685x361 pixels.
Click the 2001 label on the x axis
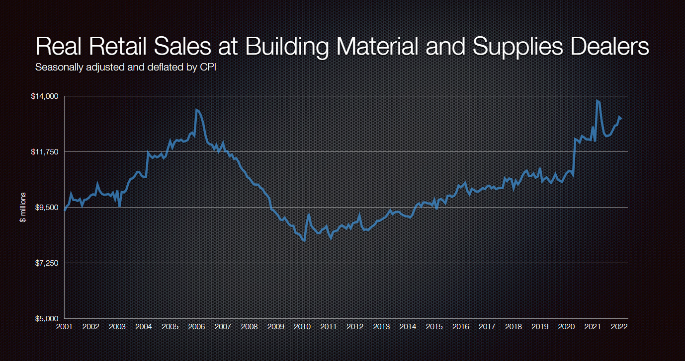click(x=64, y=327)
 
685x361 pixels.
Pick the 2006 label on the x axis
click(x=196, y=327)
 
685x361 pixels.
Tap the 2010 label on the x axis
click(x=302, y=327)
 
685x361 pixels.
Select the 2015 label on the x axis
click(x=434, y=327)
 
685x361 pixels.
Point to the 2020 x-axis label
click(x=567, y=327)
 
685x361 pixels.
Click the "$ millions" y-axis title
click(x=23, y=207)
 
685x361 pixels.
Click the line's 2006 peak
click(x=196, y=109)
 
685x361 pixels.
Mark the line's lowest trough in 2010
click(x=304, y=241)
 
